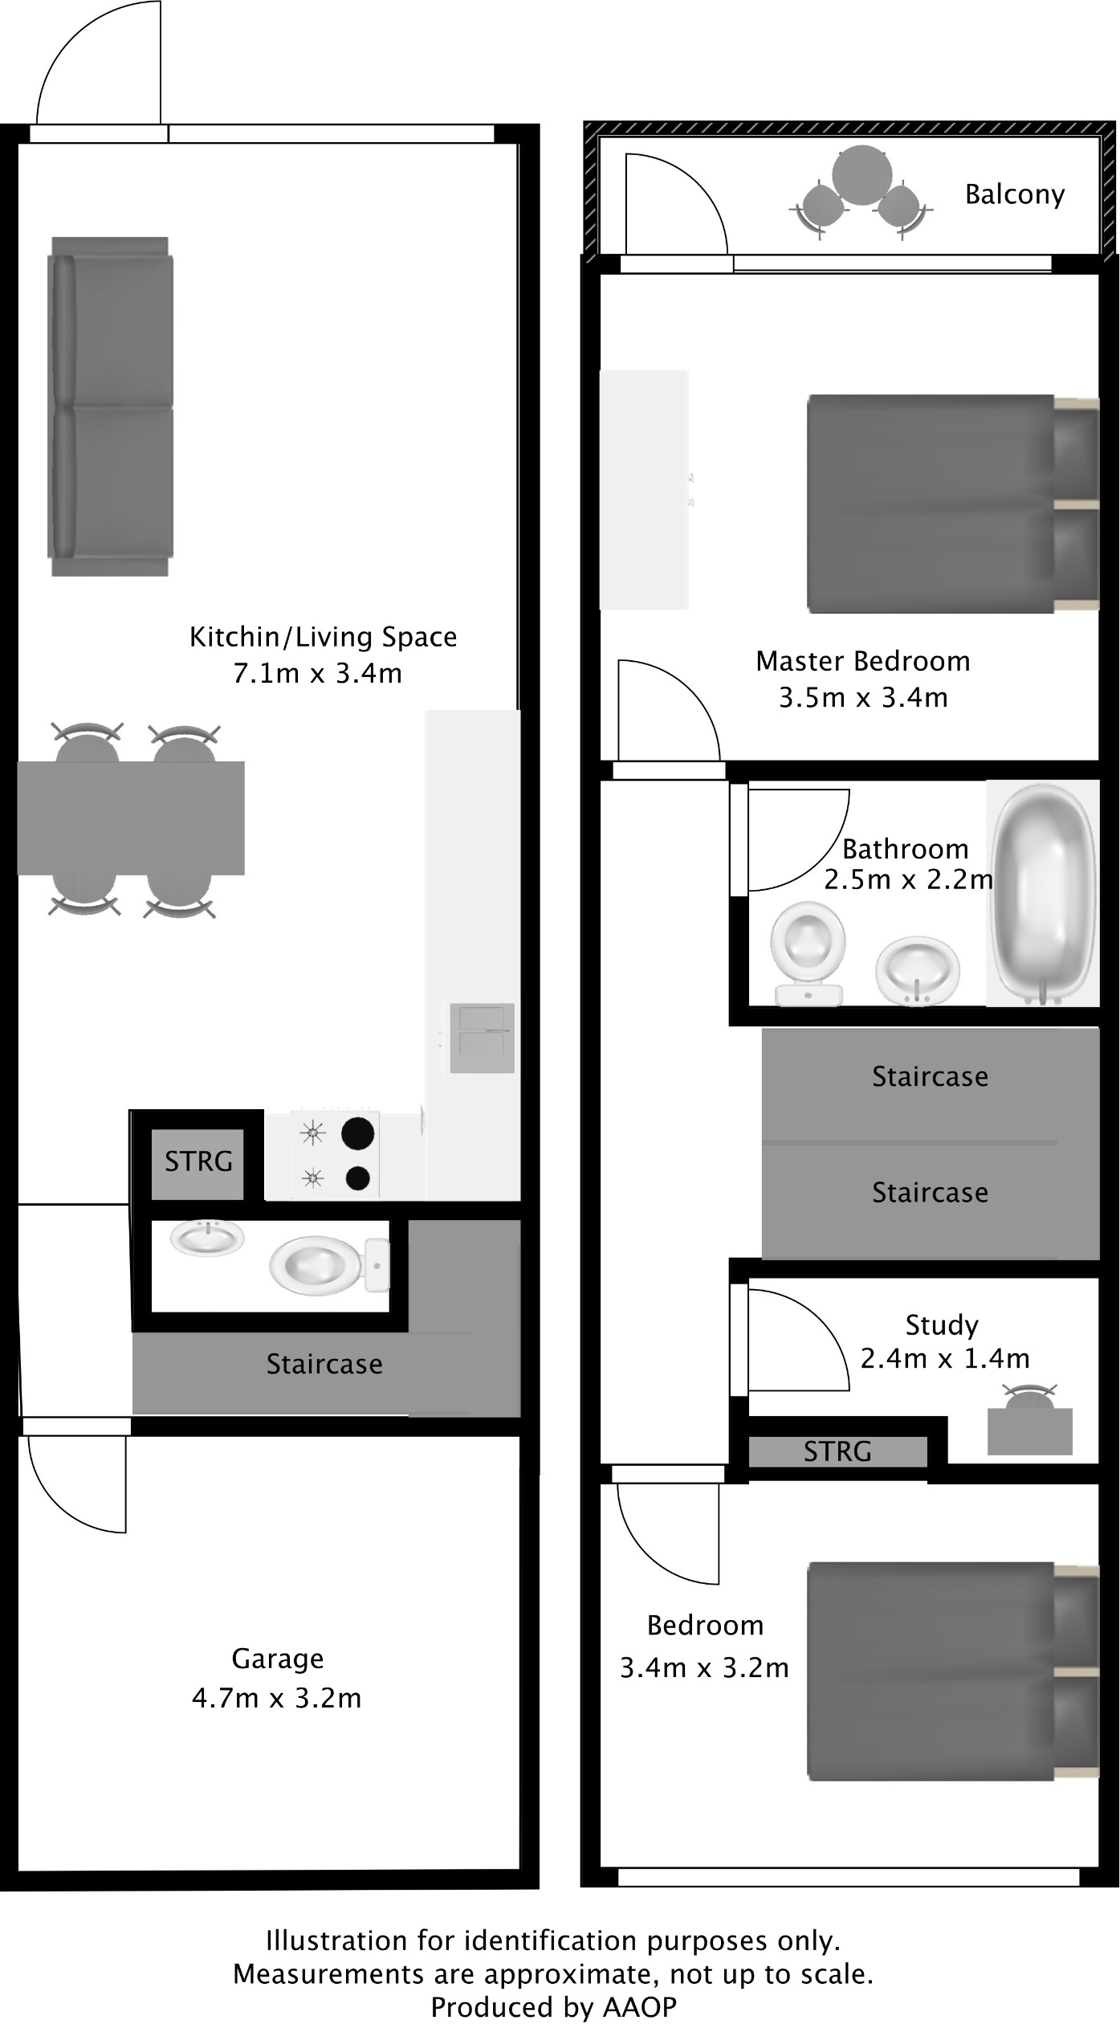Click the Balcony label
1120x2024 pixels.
click(x=1014, y=194)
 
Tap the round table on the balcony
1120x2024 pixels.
click(x=861, y=174)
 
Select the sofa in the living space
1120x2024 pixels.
click(x=111, y=406)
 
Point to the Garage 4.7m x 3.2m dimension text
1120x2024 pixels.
click(x=276, y=1697)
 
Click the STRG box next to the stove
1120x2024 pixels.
click(x=198, y=1161)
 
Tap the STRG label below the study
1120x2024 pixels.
click(x=837, y=1451)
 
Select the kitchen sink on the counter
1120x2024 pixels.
click(x=481, y=1038)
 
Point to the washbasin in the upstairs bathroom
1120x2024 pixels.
click(x=917, y=970)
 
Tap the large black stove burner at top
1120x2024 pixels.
click(x=358, y=1133)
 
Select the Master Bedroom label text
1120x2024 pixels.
click(x=862, y=661)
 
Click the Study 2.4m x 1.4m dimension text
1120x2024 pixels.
click(x=944, y=1358)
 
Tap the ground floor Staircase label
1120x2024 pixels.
click(x=324, y=1364)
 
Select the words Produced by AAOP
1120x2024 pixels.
click(x=553, y=2006)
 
